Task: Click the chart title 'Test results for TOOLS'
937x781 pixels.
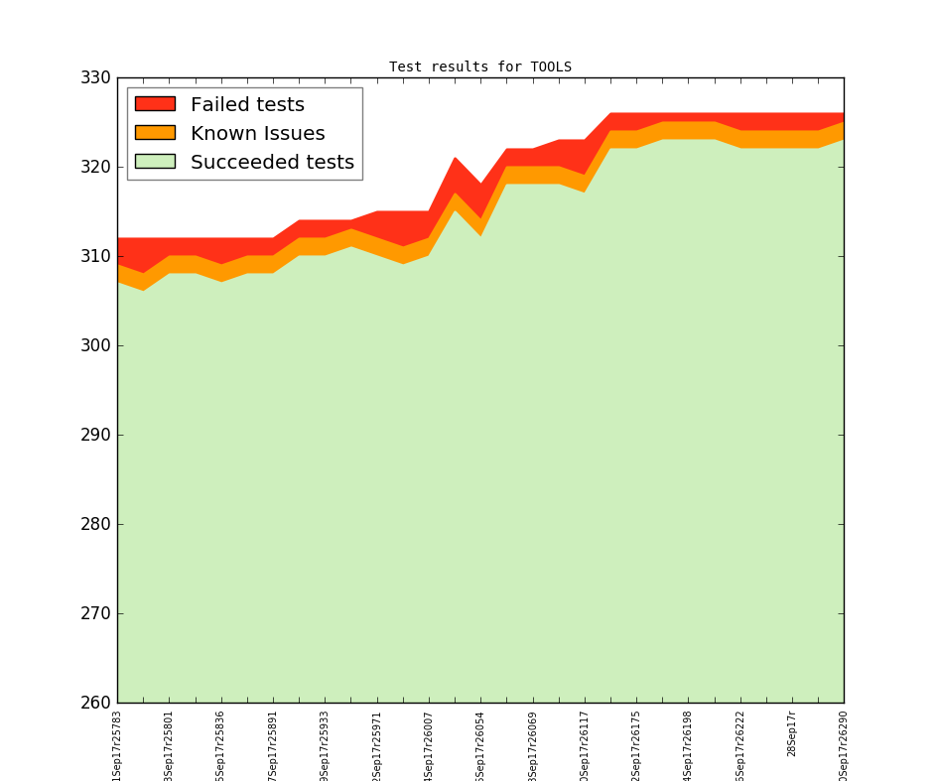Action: (480, 67)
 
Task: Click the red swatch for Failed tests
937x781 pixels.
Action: (155, 104)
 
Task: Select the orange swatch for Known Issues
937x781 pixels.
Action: (155, 133)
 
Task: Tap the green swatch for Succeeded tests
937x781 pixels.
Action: (155, 162)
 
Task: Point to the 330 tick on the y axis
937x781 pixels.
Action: (95, 78)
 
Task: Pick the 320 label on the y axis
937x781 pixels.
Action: (95, 168)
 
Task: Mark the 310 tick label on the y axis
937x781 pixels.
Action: (95, 257)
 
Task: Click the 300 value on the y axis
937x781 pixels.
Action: (95, 346)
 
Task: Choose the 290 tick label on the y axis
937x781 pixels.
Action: (95, 436)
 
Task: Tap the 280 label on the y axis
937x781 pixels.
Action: (95, 525)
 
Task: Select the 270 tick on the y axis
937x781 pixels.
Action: (95, 614)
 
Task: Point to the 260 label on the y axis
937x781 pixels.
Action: (95, 704)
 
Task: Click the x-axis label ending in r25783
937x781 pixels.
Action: (117, 743)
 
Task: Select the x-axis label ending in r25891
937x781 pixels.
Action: (273, 743)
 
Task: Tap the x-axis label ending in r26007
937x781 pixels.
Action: (429, 743)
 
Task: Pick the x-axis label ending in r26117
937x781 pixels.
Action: (585, 743)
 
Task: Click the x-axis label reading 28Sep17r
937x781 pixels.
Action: (792, 733)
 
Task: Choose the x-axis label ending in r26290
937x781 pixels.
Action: (844, 743)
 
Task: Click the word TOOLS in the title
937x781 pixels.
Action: (551, 67)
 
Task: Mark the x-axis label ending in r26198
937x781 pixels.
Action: (688, 743)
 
